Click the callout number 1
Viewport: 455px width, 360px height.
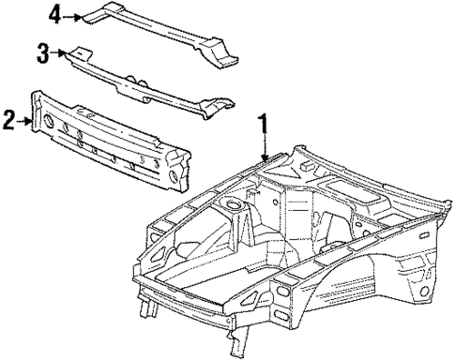coord(265,124)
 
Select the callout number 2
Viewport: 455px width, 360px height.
coord(8,118)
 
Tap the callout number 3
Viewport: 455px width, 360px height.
coord(42,53)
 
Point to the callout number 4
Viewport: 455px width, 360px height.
coord(55,15)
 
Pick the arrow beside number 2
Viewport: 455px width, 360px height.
coord(26,118)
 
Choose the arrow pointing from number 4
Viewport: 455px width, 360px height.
coord(73,15)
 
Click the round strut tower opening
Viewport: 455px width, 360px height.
coord(228,203)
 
